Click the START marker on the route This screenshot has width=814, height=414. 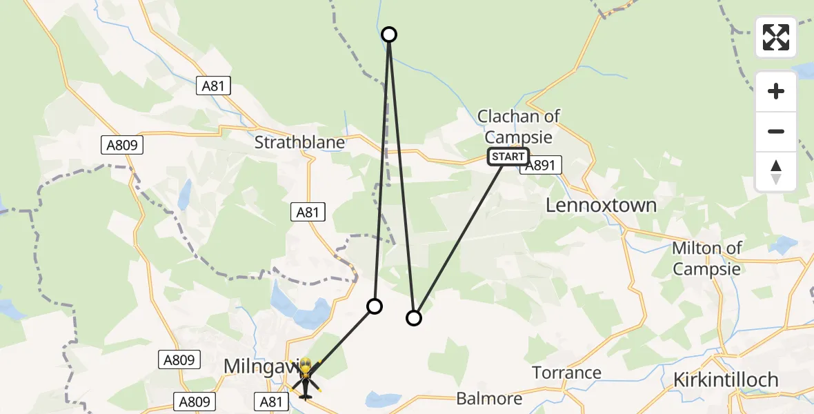(x=508, y=157)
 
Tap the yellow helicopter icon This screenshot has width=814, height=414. (x=305, y=378)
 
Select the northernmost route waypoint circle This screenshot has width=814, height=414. (x=389, y=34)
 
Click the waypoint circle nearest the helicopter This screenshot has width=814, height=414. (x=374, y=306)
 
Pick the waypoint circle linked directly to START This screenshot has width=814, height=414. (x=413, y=318)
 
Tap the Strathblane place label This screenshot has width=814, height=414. (x=299, y=142)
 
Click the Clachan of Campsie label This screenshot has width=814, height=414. (x=519, y=126)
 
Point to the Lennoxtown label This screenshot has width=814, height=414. (x=601, y=205)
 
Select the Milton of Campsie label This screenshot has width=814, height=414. (x=707, y=258)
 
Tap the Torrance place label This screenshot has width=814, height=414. (x=567, y=373)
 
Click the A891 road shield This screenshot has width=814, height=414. (x=542, y=165)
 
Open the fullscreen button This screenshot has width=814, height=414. (x=776, y=37)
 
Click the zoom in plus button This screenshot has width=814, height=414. (x=776, y=91)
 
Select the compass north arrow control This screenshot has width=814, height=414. (x=776, y=172)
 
